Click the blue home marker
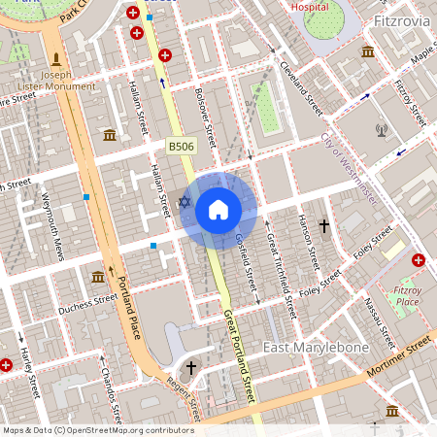[x=218, y=209]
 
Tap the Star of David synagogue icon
[x=185, y=201]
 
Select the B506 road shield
[x=180, y=146]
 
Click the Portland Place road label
[x=128, y=306]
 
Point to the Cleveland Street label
[x=301, y=84]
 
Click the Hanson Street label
[x=310, y=241]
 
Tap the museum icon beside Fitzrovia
[x=369, y=51]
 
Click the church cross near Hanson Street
[x=324, y=225]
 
